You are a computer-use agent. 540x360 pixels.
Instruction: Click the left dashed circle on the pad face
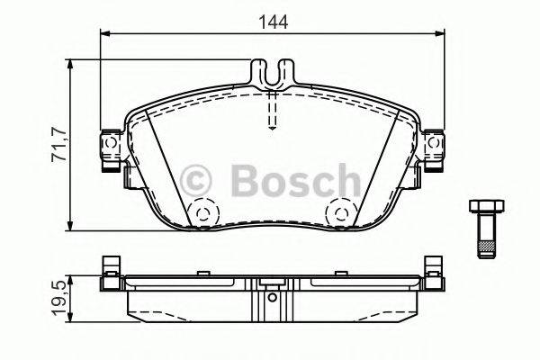[x=203, y=213]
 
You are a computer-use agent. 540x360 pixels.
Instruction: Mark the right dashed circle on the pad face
[x=340, y=213]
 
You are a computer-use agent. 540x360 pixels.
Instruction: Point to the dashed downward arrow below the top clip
[x=273, y=112]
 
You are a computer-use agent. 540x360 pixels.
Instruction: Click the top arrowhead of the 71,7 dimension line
[x=69, y=64]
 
